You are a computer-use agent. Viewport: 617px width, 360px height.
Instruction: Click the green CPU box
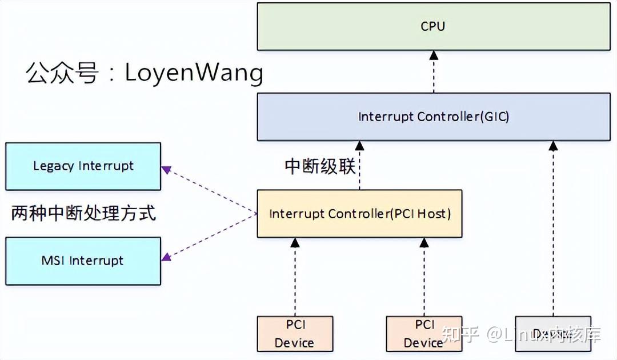pyautogui.click(x=432, y=26)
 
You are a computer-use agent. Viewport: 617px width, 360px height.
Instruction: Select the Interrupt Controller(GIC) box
pyautogui.click(x=432, y=117)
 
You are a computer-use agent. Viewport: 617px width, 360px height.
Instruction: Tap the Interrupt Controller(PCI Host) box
pyautogui.click(x=359, y=214)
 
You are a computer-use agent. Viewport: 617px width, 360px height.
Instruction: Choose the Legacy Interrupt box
pyautogui.click(x=83, y=166)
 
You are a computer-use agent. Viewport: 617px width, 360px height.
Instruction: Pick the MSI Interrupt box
pyautogui.click(x=83, y=261)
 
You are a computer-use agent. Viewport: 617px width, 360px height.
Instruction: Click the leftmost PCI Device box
pyautogui.click(x=294, y=334)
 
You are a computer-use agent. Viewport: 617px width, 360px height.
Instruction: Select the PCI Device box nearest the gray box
pyautogui.click(x=423, y=334)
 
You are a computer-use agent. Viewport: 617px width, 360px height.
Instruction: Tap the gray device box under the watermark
pyautogui.click(x=552, y=334)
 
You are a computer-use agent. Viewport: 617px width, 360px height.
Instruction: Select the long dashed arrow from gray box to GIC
pyautogui.click(x=552, y=229)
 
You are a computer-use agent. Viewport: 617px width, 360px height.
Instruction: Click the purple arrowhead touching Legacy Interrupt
pyautogui.click(x=166, y=169)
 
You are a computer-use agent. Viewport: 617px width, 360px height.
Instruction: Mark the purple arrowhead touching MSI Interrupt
pyautogui.click(x=166, y=258)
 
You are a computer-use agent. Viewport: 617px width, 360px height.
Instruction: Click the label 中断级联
pyautogui.click(x=320, y=166)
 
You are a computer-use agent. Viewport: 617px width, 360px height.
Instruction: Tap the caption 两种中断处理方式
pyautogui.click(x=83, y=213)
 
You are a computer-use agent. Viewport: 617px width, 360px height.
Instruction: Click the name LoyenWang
pyautogui.click(x=194, y=73)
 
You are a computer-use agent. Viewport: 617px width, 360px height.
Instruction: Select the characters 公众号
pyautogui.click(x=62, y=74)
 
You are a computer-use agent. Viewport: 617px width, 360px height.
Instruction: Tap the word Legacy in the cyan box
pyautogui.click(x=54, y=166)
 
